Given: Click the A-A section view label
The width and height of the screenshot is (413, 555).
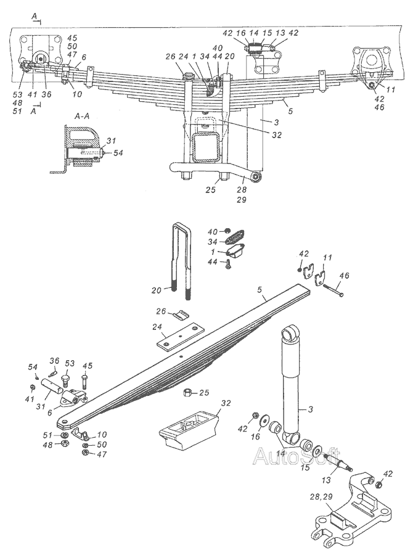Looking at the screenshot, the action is pyautogui.click(x=82, y=117).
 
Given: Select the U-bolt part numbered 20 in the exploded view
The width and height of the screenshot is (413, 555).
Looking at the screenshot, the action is pyautogui.click(x=181, y=261).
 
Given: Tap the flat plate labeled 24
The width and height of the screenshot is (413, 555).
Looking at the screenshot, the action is pyautogui.click(x=181, y=336).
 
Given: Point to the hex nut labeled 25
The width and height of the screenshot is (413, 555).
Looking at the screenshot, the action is pyautogui.click(x=187, y=392).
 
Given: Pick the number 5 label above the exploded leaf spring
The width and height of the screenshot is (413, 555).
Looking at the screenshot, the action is pyautogui.click(x=260, y=290).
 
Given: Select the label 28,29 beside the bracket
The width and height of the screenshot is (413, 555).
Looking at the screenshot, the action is pyautogui.click(x=321, y=497).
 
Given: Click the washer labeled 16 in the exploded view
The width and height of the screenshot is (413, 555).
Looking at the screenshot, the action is pyautogui.click(x=263, y=422).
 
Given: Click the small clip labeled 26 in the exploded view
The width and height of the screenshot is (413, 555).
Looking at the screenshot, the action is pyautogui.click(x=182, y=314).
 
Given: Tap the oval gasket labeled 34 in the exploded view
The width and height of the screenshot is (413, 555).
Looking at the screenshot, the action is pyautogui.click(x=234, y=236).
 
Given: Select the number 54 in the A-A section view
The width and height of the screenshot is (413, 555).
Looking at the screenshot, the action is pyautogui.click(x=118, y=153).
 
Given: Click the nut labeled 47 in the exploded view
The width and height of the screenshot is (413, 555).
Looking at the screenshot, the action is pyautogui.click(x=84, y=453).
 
